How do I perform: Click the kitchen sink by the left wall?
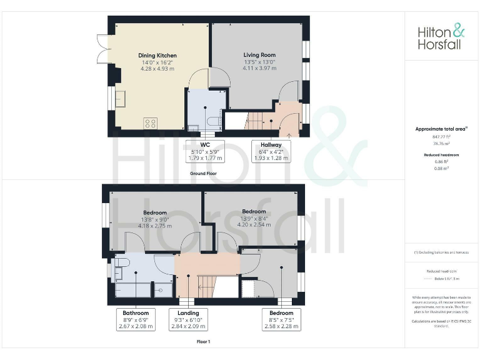tap(119, 99)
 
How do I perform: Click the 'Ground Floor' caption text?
tap(204, 173)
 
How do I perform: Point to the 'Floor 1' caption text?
tap(204, 341)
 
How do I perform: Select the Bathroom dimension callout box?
tap(136, 319)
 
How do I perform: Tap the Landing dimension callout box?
tap(188, 319)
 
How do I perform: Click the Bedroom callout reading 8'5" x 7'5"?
tap(281, 319)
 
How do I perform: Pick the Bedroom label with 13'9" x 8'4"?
tap(254, 216)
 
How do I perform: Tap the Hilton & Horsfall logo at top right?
tap(441, 37)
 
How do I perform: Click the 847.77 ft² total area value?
tap(441, 136)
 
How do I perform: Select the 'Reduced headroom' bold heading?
tap(441, 154)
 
